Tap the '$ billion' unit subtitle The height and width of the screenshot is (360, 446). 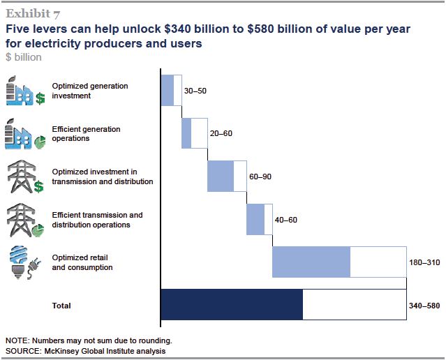[23, 57]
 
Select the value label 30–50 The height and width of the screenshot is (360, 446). [196, 91]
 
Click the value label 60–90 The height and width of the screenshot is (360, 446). [260, 177]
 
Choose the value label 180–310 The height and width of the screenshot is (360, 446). [424, 262]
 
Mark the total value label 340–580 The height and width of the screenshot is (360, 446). [424, 306]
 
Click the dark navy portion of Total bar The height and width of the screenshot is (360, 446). [232, 305]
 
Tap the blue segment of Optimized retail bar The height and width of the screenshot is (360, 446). [311, 262]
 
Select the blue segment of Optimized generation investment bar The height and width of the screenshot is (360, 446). [168, 90]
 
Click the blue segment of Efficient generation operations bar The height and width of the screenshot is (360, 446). [186, 133]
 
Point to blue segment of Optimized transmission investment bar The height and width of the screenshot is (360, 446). [221, 176]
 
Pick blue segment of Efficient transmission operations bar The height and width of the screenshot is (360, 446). [255, 219]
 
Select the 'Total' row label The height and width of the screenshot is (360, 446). [61, 306]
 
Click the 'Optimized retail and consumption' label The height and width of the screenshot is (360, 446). [82, 262]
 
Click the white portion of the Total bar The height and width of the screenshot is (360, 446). [355, 305]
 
